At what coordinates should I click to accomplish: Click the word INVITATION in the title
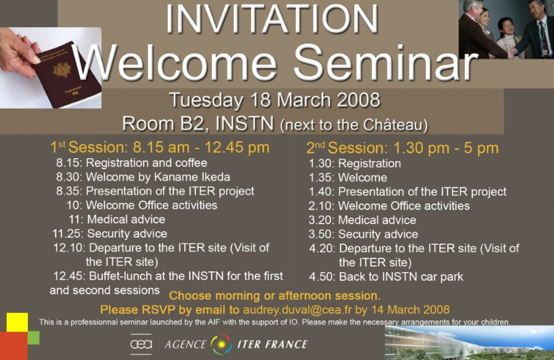tap(272, 19)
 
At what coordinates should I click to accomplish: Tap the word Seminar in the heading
tap(385, 63)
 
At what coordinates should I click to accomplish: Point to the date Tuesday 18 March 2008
tap(274, 100)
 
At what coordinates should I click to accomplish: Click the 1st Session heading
tap(160, 147)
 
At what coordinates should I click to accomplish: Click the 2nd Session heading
tap(403, 148)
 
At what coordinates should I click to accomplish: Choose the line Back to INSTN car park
tap(401, 277)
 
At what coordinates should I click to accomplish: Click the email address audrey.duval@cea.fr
tap(297, 310)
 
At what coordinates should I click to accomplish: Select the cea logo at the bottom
tap(141, 344)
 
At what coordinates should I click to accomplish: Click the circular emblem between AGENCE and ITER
tap(222, 344)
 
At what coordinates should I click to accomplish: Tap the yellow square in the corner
tap(17, 322)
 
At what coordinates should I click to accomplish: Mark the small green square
tap(33, 337)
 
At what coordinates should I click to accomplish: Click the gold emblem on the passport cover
tap(62, 70)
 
